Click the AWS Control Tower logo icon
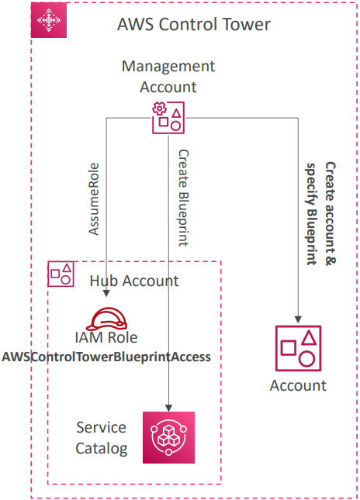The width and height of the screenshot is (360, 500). click(49, 20)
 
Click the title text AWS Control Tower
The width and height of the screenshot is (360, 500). click(194, 25)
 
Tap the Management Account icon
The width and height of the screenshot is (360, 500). click(168, 118)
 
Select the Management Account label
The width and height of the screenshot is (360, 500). click(168, 77)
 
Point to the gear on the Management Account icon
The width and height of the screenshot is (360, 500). click(159, 109)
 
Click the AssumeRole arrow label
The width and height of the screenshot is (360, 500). click(94, 199)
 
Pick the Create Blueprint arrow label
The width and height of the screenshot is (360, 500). click(184, 198)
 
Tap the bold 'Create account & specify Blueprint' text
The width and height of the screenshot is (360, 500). click(321, 214)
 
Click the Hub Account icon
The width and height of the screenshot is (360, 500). click(61, 274)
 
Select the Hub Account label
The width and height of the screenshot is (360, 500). click(134, 281)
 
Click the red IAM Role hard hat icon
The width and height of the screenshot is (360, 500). click(106, 319)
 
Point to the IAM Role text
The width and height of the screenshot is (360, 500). click(106, 338)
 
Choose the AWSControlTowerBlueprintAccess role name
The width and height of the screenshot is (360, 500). click(106, 357)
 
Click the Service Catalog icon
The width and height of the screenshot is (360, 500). click(168, 437)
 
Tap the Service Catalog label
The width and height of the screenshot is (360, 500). click(102, 438)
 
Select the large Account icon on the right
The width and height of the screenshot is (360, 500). click(298, 348)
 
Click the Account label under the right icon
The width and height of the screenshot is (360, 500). click(298, 385)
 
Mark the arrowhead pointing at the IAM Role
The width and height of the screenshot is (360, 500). click(106, 293)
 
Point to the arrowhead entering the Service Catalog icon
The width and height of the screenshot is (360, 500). click(168, 408)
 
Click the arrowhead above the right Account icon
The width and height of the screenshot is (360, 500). click(298, 319)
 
